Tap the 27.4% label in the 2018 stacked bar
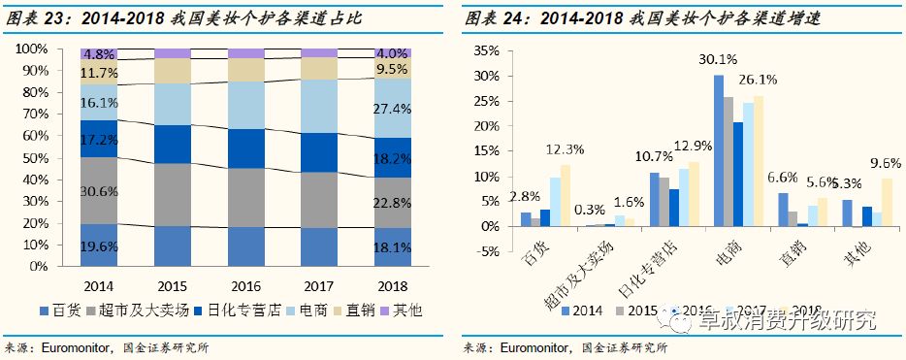392,108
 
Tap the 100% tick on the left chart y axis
30,49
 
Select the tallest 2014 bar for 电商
719,150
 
